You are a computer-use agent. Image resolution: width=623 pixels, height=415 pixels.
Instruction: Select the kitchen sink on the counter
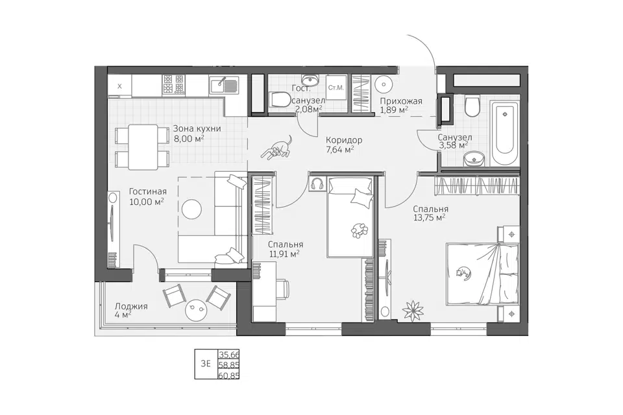coord(224,86)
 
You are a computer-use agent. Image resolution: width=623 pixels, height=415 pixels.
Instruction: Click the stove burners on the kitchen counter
coord(173,84)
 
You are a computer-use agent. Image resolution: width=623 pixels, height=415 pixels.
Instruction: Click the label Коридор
coord(344,140)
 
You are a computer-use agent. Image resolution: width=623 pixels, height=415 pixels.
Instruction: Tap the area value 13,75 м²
coord(429,218)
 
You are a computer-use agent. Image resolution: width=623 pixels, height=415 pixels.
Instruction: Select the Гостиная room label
coord(148,192)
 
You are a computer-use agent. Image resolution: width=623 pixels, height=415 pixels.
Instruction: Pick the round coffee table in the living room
coord(191,207)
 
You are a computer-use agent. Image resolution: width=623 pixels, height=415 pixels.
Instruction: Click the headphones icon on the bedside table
coord(317,184)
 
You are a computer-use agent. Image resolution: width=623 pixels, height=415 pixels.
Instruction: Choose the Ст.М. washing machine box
coord(336,87)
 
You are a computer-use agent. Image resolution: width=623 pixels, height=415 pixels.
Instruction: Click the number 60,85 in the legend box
coord(229,374)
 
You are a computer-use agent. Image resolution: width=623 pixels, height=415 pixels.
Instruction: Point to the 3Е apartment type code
coord(206,364)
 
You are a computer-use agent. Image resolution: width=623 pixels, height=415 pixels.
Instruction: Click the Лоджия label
coord(131,306)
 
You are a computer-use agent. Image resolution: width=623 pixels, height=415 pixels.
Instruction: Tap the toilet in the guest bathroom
coord(280,100)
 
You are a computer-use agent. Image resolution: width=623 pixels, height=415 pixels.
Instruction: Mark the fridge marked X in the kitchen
coord(119,86)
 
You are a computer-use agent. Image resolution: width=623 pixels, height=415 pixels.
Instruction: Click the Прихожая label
coord(401,101)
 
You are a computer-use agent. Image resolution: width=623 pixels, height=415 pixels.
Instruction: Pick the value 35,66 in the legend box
coord(229,354)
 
